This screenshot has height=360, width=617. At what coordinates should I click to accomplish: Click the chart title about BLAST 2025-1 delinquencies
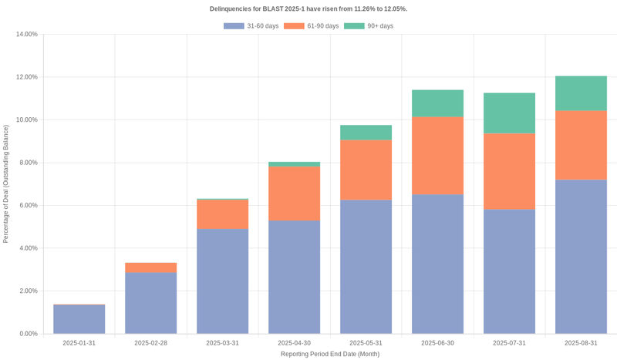point(308,9)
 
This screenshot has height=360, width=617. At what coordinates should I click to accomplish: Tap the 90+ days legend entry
point(369,26)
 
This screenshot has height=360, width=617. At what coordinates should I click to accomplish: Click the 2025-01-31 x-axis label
point(79,343)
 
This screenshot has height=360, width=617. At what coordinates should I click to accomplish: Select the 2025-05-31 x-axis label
point(366,343)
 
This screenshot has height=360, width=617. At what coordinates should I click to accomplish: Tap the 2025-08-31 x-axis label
point(581,343)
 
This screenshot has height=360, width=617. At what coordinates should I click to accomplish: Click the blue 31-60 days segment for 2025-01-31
point(79,319)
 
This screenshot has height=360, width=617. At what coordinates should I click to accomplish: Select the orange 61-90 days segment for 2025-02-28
point(151,267)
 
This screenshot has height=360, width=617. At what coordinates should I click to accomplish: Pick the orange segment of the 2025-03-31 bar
point(223,214)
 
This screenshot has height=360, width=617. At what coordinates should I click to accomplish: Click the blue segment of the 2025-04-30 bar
point(295,277)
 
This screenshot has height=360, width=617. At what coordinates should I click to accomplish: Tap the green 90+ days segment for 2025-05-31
point(366,133)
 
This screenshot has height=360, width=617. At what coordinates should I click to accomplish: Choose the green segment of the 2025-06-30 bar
point(437,103)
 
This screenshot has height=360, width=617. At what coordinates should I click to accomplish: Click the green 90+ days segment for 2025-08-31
point(581,93)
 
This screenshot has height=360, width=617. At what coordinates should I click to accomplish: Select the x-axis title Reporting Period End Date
point(330,354)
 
